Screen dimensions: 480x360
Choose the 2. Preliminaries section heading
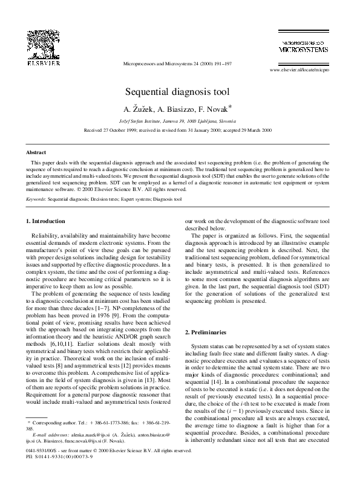[205, 333]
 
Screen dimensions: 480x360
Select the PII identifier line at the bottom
[54, 474]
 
